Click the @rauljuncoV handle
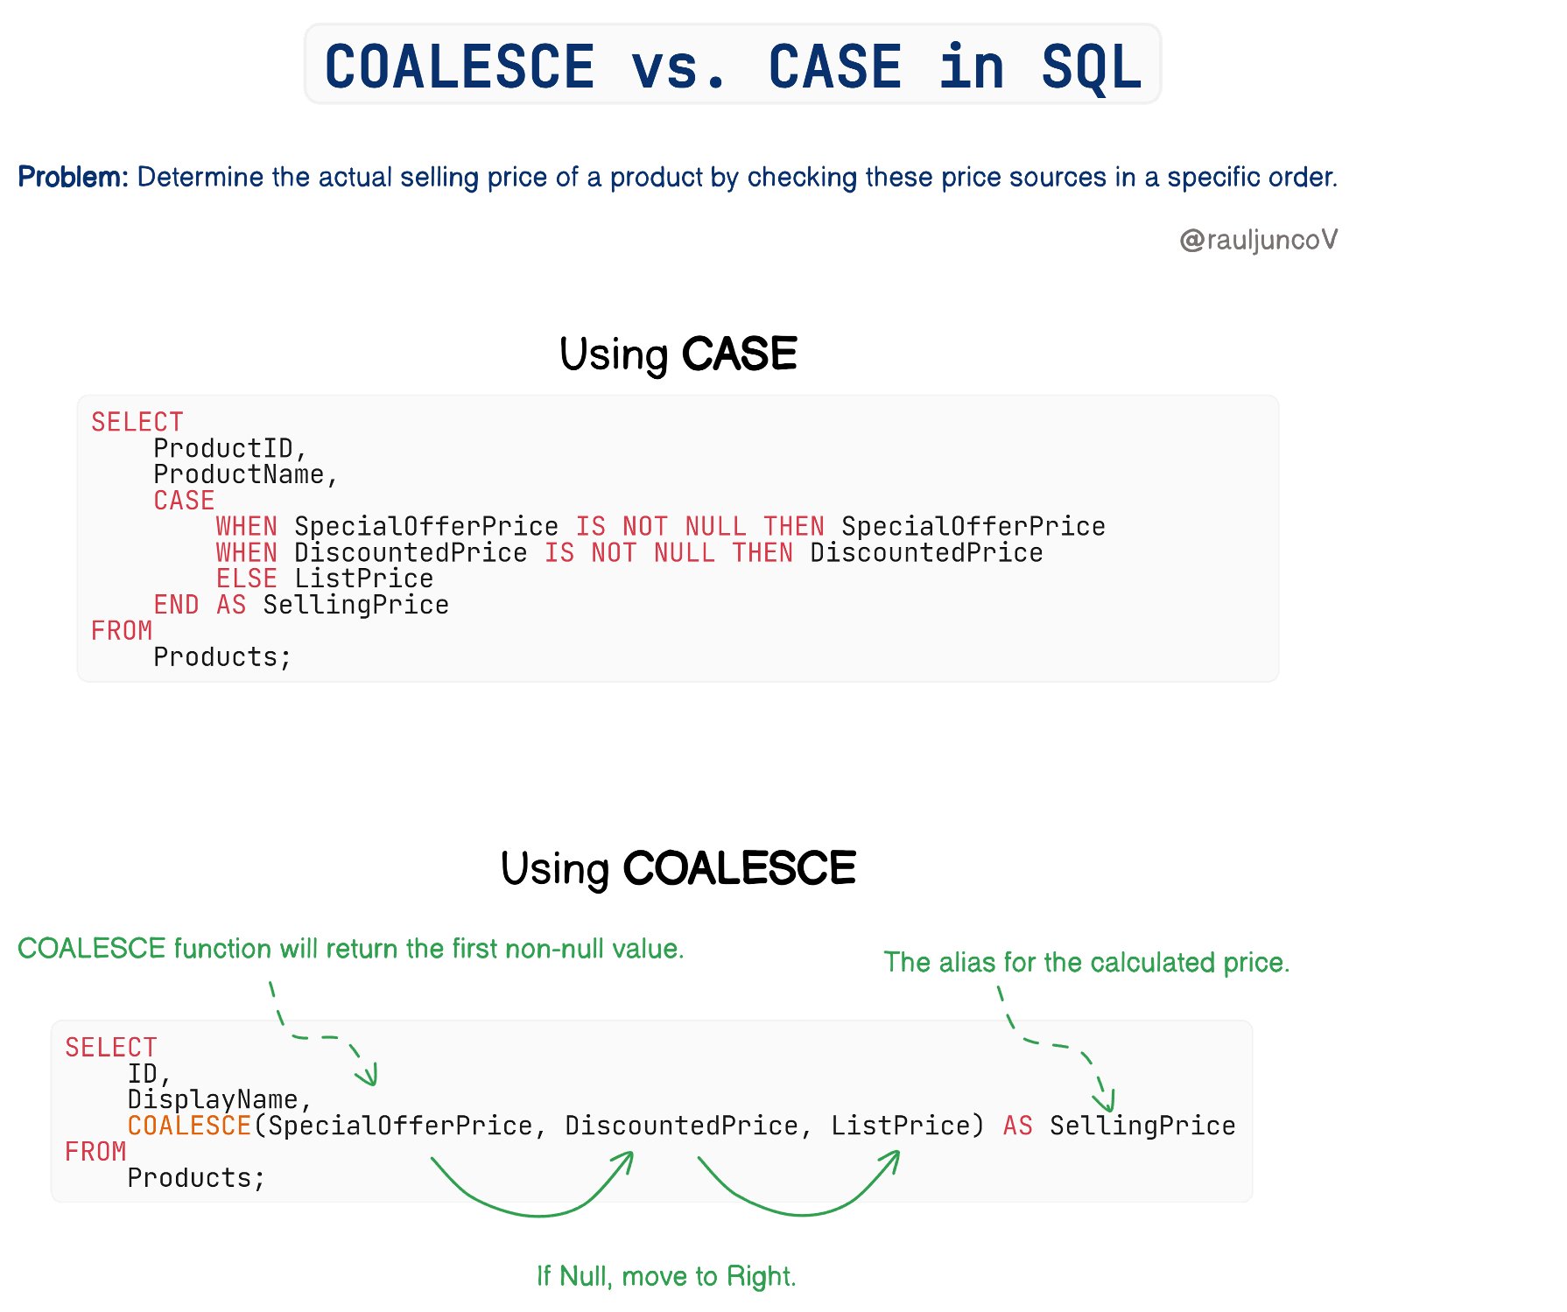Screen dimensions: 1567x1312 pyautogui.click(x=1259, y=240)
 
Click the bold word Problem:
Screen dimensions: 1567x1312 pyautogui.click(x=73, y=177)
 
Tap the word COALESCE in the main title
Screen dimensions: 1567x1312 pyautogui.click(x=460, y=67)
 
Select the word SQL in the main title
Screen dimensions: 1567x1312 pyautogui.click(x=1092, y=67)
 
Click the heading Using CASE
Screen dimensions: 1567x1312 pyautogui.click(x=678, y=354)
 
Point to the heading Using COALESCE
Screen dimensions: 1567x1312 pyautogui.click(x=678, y=868)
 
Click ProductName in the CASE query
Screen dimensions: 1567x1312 pyautogui.click(x=239, y=474)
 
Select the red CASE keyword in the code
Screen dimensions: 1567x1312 pyautogui.click(x=184, y=501)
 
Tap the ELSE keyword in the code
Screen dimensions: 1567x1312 pyautogui.click(x=247, y=579)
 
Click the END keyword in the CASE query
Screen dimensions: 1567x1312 pyautogui.click(x=176, y=605)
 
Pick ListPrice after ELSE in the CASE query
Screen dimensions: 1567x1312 pyautogui.click(x=364, y=579)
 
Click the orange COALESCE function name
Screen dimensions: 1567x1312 pyautogui.click(x=190, y=1126)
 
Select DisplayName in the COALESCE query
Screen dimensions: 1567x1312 pyautogui.click(x=213, y=1099)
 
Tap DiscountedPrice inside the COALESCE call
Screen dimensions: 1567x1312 pyautogui.click(x=681, y=1126)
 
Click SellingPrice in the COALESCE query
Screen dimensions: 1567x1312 pyautogui.click(x=1142, y=1126)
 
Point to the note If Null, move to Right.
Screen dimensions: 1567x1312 pyautogui.click(x=666, y=1276)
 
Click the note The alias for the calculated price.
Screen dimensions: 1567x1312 pyautogui.click(x=1086, y=962)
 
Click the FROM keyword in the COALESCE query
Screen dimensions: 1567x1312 pyautogui.click(x=96, y=1152)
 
